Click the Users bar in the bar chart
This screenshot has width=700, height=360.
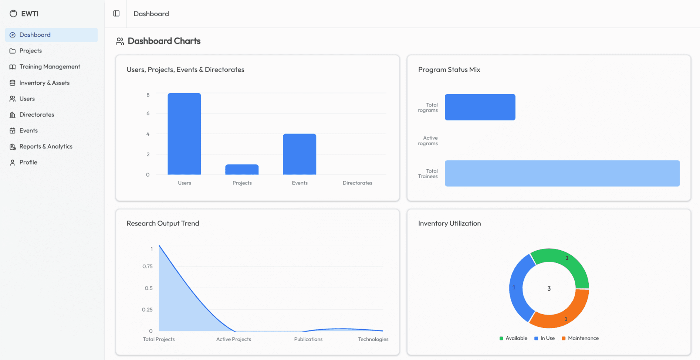(x=184, y=134)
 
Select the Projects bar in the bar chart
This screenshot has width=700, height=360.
(x=242, y=170)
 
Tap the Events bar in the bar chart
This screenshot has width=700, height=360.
(x=300, y=154)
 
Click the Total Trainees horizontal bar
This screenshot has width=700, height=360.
(x=562, y=173)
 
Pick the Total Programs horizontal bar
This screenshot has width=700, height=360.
(x=480, y=107)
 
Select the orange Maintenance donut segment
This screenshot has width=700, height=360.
(x=562, y=314)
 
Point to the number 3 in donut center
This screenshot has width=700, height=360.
(x=549, y=289)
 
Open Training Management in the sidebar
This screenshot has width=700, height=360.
(x=50, y=67)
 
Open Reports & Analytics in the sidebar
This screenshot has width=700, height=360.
(x=46, y=146)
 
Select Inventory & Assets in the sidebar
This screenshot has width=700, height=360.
(x=44, y=83)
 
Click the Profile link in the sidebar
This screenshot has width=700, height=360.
(x=28, y=162)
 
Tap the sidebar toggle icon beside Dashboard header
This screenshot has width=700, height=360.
(x=116, y=14)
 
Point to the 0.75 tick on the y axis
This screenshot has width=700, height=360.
(x=148, y=266)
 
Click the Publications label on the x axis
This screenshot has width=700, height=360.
(x=308, y=339)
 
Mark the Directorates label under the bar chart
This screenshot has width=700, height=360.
(x=357, y=183)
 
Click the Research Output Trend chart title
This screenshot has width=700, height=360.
(x=163, y=223)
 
